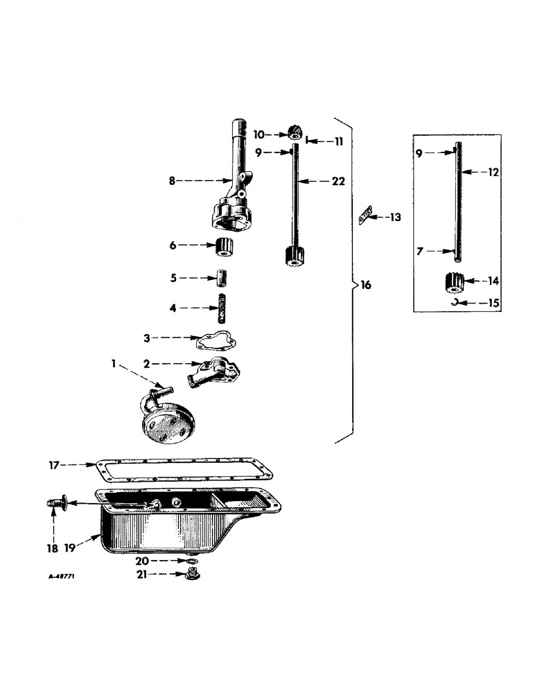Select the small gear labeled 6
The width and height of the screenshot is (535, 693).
225,246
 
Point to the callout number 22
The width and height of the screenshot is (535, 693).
337,181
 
